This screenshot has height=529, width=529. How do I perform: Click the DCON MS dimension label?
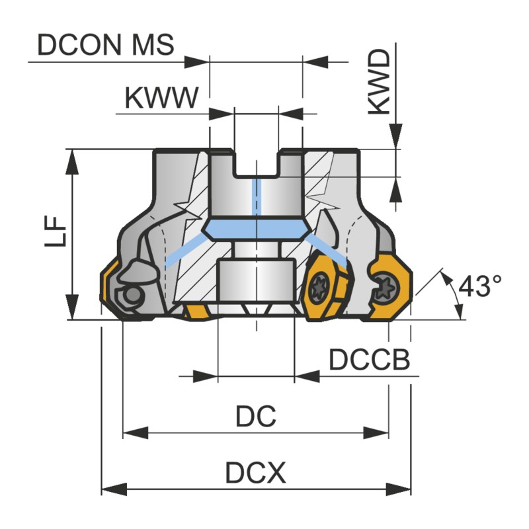(x=106, y=45)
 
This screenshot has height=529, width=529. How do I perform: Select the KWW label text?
(x=161, y=99)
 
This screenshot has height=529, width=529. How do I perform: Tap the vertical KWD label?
(x=379, y=81)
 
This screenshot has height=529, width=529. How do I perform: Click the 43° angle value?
(x=480, y=286)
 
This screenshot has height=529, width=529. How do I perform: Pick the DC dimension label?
(x=255, y=416)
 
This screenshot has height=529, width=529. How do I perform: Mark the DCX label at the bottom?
(x=255, y=473)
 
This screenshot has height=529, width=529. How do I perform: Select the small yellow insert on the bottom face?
(x=194, y=311)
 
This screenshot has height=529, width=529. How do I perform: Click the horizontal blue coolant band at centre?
(x=255, y=230)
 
